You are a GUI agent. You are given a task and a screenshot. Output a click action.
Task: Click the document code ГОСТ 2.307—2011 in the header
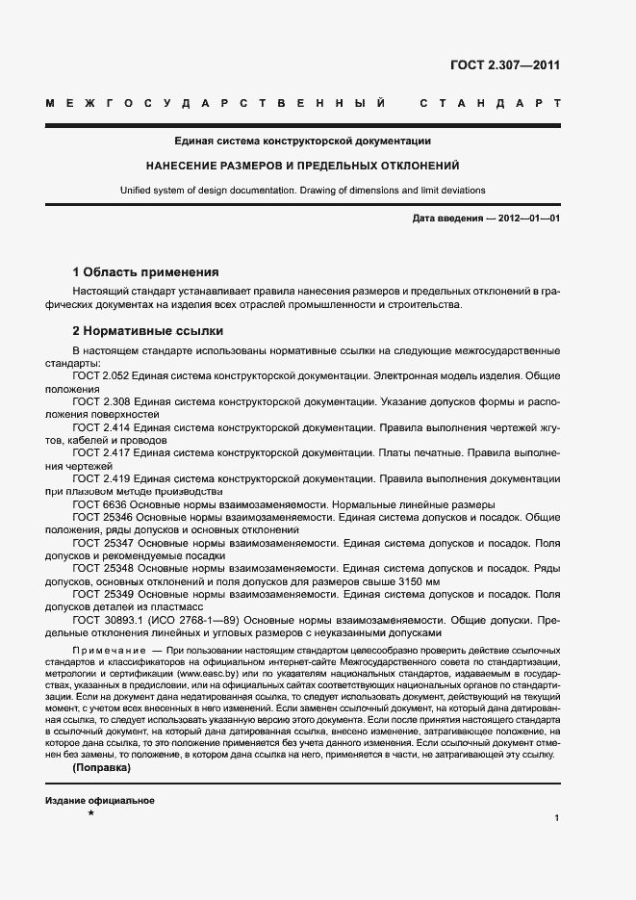(505, 65)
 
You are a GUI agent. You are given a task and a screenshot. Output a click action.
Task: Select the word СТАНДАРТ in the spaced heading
(491, 103)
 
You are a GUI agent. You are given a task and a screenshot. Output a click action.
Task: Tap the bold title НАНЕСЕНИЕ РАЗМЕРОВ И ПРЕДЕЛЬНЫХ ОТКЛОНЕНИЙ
(302, 166)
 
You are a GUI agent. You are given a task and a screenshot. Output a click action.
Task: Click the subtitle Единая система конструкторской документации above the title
(302, 141)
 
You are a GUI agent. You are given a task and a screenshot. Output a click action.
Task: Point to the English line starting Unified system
(302, 190)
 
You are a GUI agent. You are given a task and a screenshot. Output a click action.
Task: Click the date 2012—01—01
(528, 219)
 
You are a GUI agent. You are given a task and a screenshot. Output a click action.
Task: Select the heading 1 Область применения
(146, 272)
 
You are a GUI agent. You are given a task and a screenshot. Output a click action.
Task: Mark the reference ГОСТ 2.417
(101, 451)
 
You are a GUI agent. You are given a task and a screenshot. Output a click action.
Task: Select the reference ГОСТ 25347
(99, 542)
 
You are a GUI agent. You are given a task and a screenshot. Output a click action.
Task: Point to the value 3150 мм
(416, 581)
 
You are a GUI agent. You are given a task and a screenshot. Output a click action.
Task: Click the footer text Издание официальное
(100, 775)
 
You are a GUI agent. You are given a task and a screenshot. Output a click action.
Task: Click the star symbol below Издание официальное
(89, 787)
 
